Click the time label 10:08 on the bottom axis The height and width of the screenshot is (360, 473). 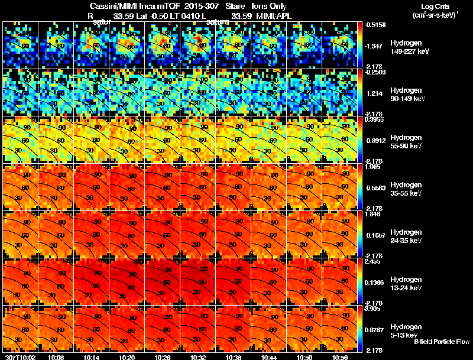57,357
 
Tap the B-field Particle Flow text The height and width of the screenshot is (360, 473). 442,342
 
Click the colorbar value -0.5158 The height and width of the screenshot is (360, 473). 377,25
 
